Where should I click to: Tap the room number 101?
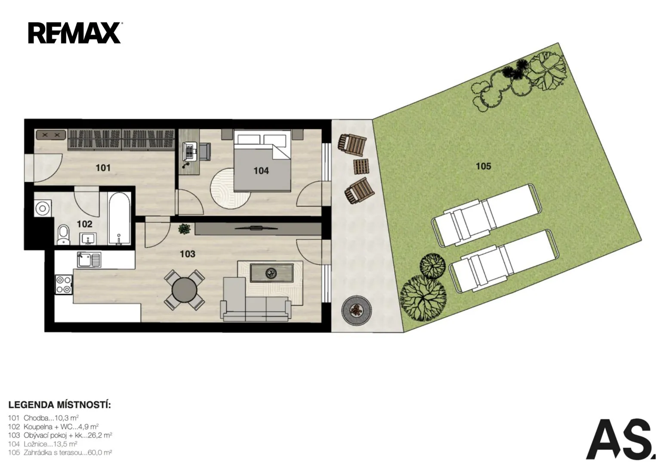click(x=103, y=168)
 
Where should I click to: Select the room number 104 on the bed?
click(x=261, y=171)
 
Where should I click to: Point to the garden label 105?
click(x=483, y=166)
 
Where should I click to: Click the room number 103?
click(x=188, y=254)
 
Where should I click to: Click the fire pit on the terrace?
click(x=356, y=310)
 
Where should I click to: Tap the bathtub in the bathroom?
click(x=119, y=219)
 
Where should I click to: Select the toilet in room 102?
click(x=63, y=235)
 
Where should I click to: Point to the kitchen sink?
click(x=89, y=260)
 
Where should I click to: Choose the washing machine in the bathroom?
click(x=43, y=208)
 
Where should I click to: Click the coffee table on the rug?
click(x=271, y=273)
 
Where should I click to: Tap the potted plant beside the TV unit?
click(x=185, y=229)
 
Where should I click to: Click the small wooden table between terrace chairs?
click(x=361, y=167)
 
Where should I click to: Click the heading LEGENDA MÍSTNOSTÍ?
click(x=60, y=405)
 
